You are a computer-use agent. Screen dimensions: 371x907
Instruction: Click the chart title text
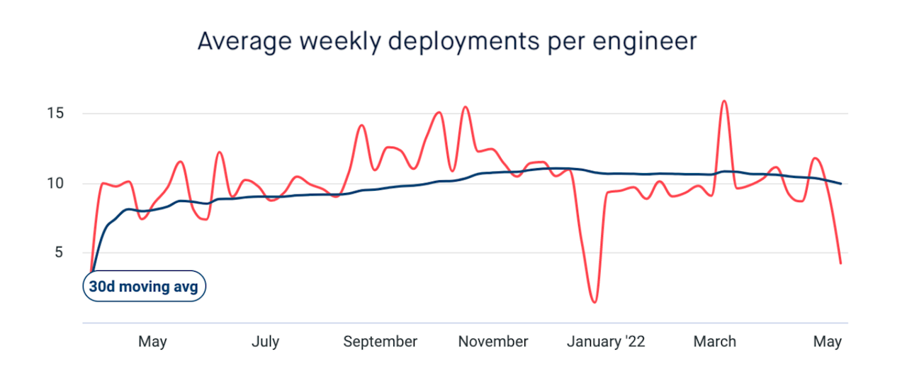pos(447,41)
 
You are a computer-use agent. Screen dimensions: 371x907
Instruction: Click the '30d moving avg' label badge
pos(145,287)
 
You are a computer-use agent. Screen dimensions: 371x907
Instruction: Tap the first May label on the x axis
pos(152,342)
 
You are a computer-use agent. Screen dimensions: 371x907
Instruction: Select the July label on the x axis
pos(265,342)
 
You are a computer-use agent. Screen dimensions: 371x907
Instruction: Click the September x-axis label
pos(381,342)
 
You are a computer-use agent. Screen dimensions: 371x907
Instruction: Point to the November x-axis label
pos(493,342)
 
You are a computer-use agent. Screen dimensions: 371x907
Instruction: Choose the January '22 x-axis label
pos(606,342)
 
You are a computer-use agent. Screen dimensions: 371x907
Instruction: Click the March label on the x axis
pos(714,342)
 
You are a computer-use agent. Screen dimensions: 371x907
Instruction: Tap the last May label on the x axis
pos(827,342)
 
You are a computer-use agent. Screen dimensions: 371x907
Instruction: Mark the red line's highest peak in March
pos(724,101)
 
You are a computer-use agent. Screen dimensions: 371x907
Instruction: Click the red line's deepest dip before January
pos(594,302)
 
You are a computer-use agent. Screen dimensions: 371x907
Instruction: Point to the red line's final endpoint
pos(840,263)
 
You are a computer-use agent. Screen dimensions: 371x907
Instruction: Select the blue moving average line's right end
pos(841,184)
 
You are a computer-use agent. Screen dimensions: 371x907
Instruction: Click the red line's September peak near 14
pos(361,126)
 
